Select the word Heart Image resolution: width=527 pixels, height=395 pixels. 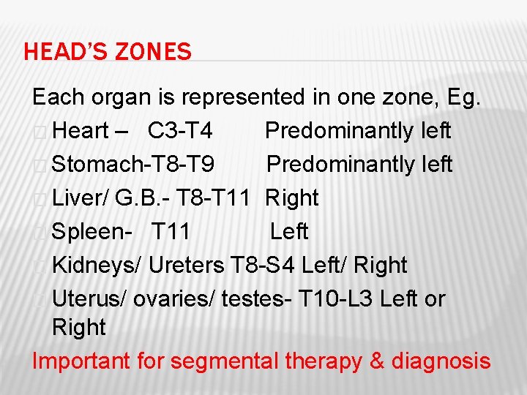point(81,131)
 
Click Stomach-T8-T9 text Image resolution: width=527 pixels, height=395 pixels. point(133,165)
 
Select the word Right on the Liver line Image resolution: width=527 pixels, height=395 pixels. point(292,198)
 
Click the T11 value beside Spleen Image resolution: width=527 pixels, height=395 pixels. point(171,232)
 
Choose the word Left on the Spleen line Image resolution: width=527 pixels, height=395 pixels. point(289,232)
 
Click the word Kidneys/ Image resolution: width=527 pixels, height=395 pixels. point(97,266)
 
